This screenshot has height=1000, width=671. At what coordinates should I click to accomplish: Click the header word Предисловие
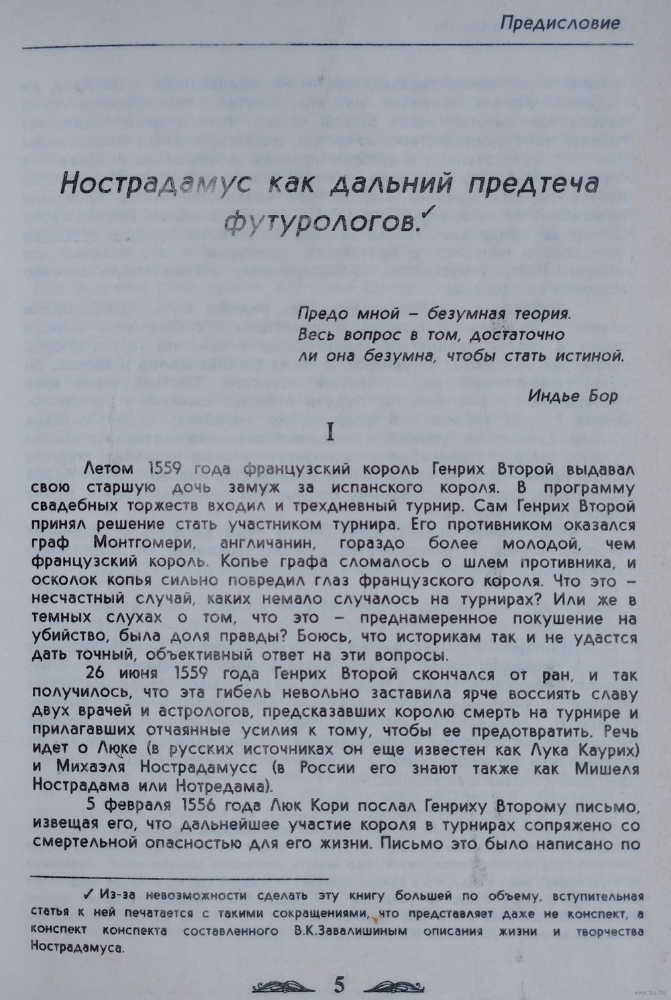(559, 24)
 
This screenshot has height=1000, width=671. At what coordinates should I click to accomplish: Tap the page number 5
(340, 985)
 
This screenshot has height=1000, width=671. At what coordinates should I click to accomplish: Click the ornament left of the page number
(285, 985)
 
